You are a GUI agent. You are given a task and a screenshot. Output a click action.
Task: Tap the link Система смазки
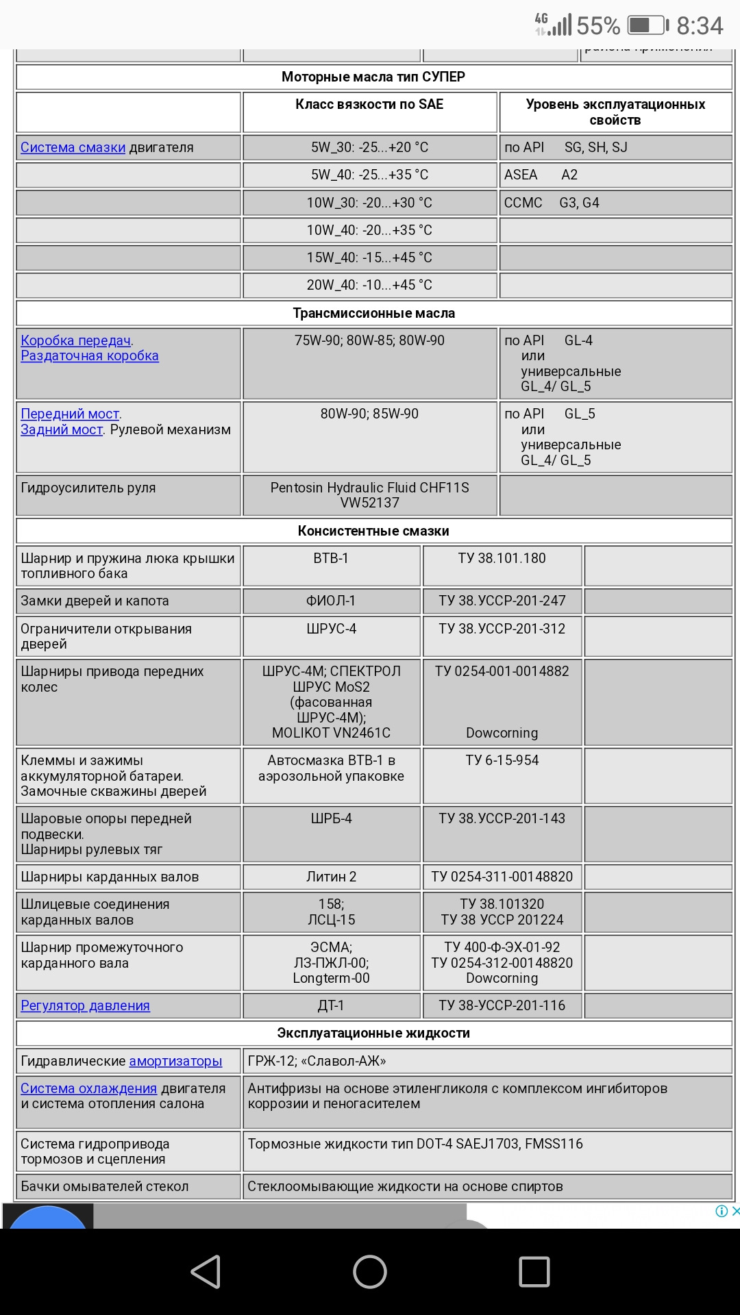73,147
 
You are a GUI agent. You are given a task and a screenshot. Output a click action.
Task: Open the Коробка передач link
75,340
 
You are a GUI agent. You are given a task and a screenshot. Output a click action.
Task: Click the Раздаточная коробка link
89,356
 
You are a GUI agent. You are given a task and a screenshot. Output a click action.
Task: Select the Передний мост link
70,414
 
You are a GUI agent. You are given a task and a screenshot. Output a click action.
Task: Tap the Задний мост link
62,429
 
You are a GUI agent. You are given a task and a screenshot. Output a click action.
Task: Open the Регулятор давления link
85,1005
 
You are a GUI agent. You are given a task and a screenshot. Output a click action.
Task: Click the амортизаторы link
175,1061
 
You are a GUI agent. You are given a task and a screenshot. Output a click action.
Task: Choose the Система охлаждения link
88,1088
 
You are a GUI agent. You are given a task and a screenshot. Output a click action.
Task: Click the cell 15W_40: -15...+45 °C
369,258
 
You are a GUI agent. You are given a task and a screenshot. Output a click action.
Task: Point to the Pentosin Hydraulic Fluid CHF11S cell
369,494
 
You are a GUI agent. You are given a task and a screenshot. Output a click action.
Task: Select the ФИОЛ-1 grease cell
331,601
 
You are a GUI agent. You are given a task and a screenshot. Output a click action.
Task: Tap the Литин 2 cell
331,877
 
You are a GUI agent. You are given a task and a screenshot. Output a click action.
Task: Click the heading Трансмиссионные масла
373,313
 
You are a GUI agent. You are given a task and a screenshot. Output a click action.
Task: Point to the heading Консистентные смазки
373,531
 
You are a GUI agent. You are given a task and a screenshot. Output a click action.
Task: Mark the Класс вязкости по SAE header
369,104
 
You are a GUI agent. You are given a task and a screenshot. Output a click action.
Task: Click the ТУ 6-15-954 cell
502,760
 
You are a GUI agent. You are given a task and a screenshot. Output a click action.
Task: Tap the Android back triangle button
205,1272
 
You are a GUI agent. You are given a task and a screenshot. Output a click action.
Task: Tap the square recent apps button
534,1272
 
